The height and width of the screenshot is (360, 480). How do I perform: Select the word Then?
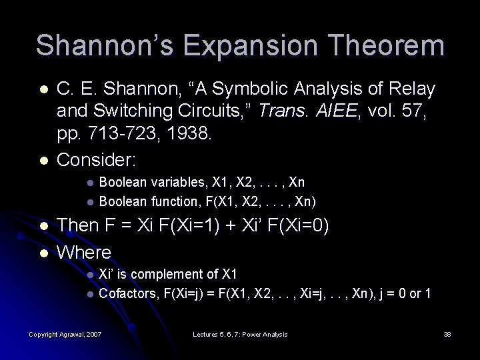point(78,226)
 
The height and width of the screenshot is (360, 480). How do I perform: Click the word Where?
point(84,252)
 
